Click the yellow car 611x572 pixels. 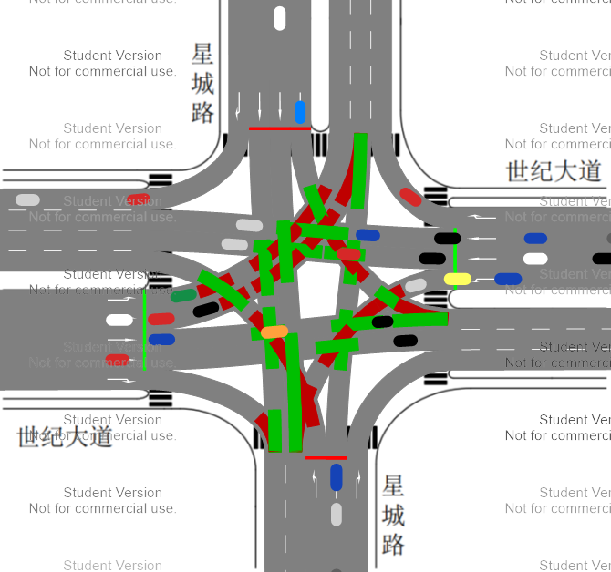point(457,279)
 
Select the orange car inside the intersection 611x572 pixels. point(274,332)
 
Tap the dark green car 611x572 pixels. point(183,295)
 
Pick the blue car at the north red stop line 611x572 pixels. point(301,112)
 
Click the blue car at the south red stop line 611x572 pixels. point(337,476)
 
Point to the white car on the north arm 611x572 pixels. point(280,18)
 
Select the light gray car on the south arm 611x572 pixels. point(337,515)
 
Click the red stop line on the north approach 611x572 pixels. point(279,128)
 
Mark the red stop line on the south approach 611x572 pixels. point(326,458)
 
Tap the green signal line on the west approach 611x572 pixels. point(144,329)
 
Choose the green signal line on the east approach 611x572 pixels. point(454,259)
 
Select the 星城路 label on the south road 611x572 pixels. point(393,515)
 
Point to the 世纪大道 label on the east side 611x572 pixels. point(554,170)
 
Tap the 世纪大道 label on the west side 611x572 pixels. point(64,436)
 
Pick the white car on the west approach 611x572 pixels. point(119,320)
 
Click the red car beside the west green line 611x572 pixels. point(161,319)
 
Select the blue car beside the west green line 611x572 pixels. point(161,340)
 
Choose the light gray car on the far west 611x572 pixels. point(27,199)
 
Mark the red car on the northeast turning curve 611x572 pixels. point(410,196)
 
